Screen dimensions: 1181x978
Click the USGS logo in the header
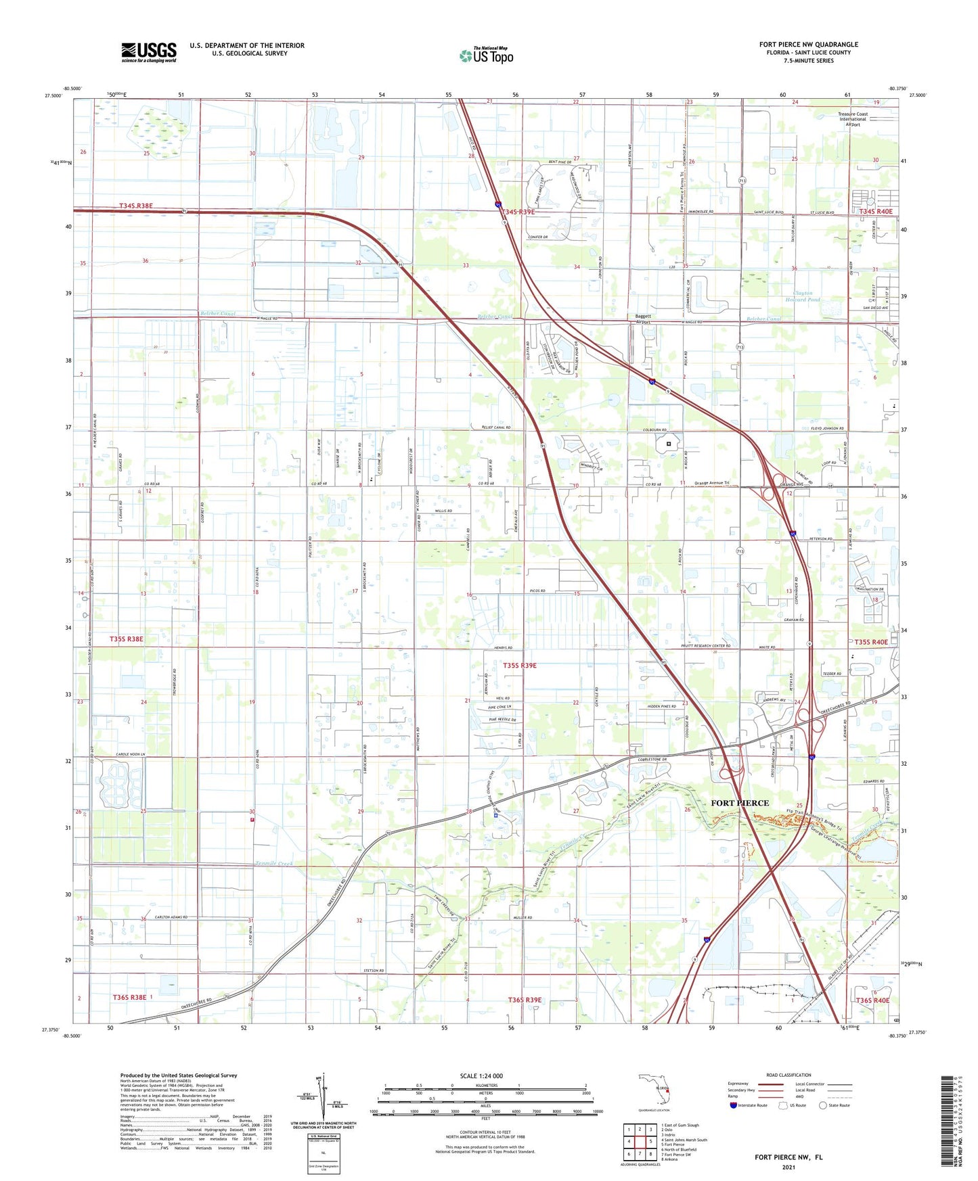(x=149, y=52)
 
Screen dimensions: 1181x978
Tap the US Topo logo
(x=486, y=55)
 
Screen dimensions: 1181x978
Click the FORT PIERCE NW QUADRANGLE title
(x=808, y=45)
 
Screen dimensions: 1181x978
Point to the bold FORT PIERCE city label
(x=740, y=803)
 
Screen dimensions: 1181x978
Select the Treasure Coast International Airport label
(x=853, y=119)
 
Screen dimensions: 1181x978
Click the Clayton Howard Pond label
(x=803, y=296)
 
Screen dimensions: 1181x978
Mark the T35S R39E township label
(x=520, y=666)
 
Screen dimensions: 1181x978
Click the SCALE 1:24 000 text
(x=481, y=1076)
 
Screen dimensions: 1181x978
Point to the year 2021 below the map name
(x=788, y=1167)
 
